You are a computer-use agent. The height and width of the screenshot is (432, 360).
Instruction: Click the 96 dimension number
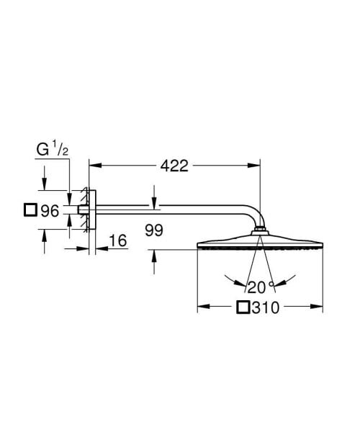48,212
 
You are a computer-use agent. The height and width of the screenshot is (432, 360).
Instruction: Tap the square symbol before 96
30,211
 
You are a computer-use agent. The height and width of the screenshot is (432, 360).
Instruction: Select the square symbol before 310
243,307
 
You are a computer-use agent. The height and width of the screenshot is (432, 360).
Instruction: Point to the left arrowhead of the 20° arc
226,275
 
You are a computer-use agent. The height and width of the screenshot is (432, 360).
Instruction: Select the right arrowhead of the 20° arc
293,274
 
